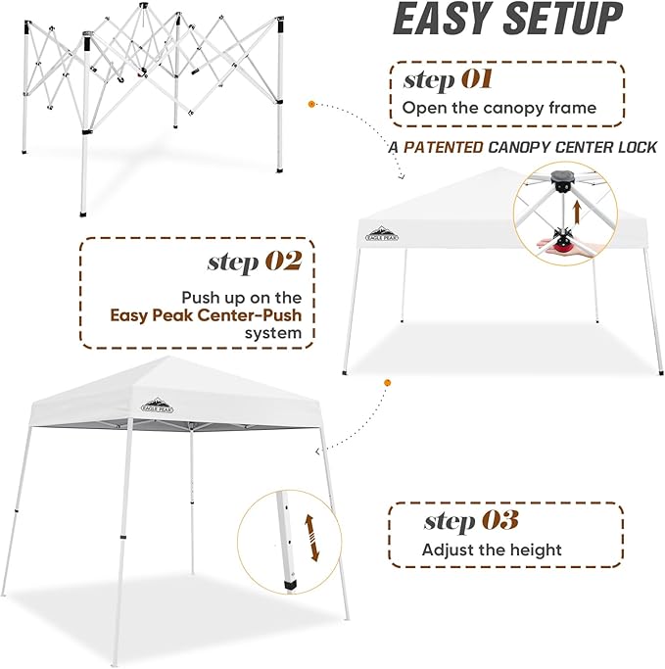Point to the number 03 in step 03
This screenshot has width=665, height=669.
499,520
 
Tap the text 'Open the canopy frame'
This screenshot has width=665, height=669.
499,108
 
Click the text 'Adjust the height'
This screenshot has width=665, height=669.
492,550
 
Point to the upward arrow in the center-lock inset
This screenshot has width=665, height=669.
577,212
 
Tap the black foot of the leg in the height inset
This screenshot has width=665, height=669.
291,586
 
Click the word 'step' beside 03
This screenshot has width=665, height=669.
448,521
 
